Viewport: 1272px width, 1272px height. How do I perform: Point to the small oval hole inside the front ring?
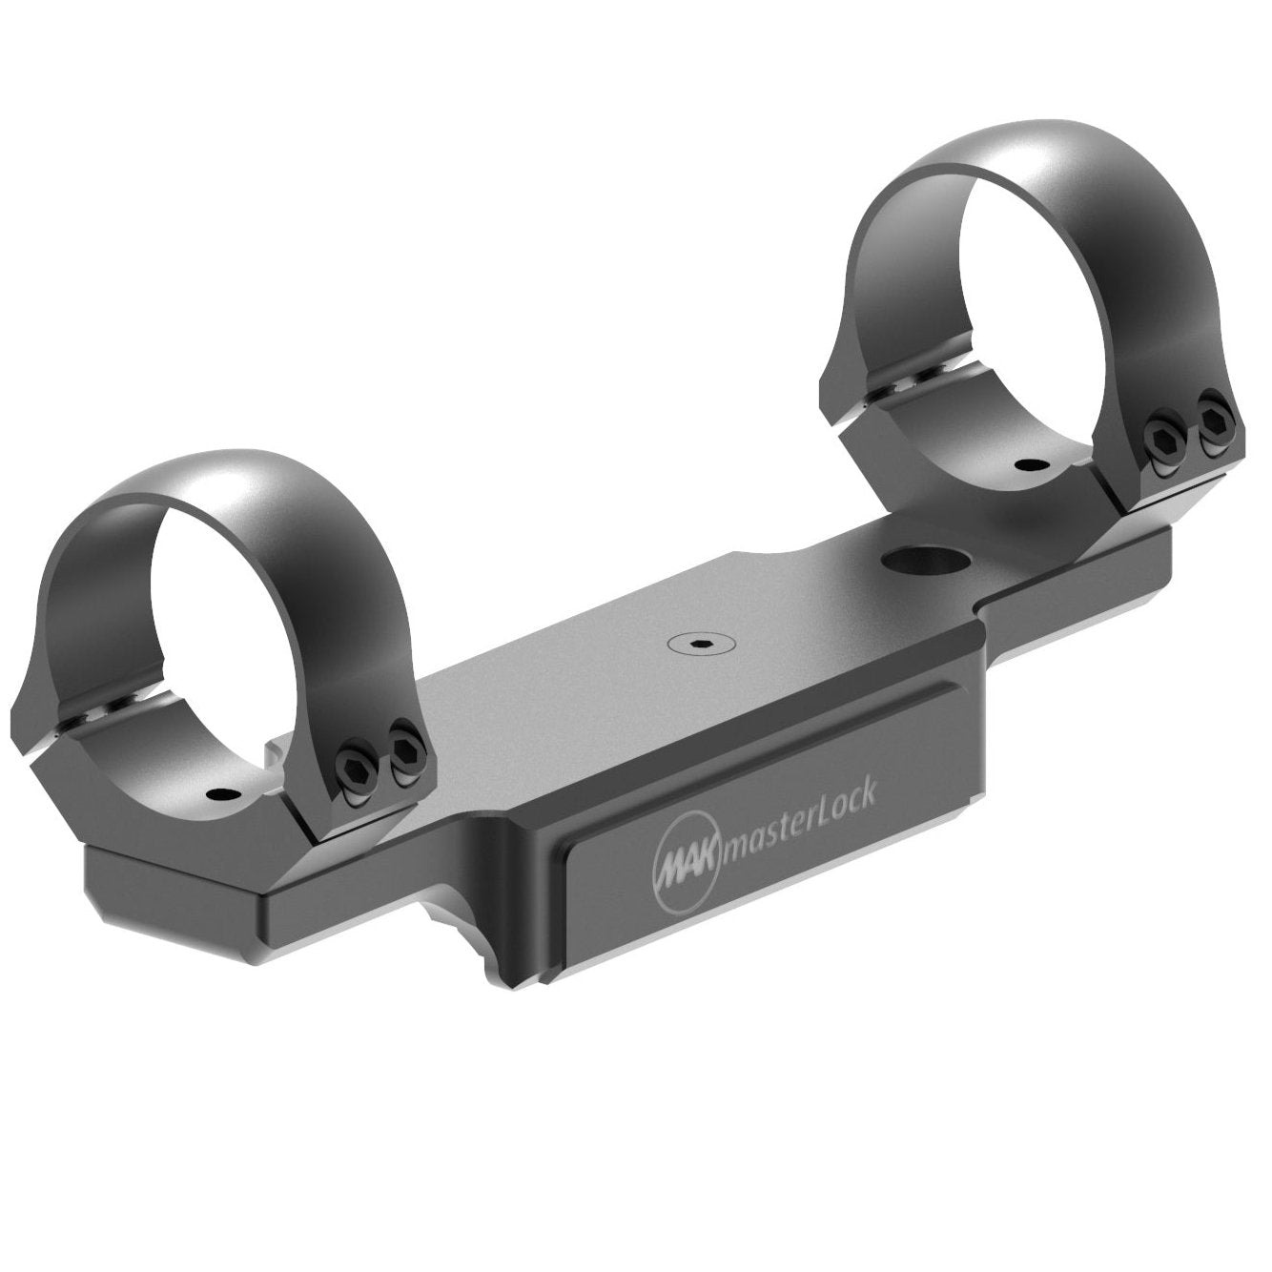pyautogui.click(x=220, y=793)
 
